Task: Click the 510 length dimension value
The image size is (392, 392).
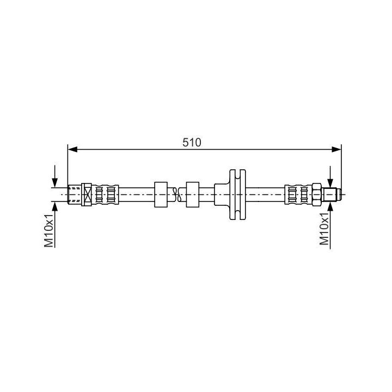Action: click(192, 143)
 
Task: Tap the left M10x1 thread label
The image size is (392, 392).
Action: click(49, 230)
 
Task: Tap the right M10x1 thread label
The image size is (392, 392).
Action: click(324, 229)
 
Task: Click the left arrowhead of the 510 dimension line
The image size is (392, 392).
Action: click(72, 150)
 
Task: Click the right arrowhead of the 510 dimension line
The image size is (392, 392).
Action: click(336, 150)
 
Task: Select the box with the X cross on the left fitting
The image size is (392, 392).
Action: click(87, 194)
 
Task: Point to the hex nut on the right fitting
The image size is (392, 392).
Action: click(316, 194)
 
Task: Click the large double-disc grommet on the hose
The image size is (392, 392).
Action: click(237, 194)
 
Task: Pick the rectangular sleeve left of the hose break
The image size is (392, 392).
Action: click(161, 194)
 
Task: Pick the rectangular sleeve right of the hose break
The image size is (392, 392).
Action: click(193, 194)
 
